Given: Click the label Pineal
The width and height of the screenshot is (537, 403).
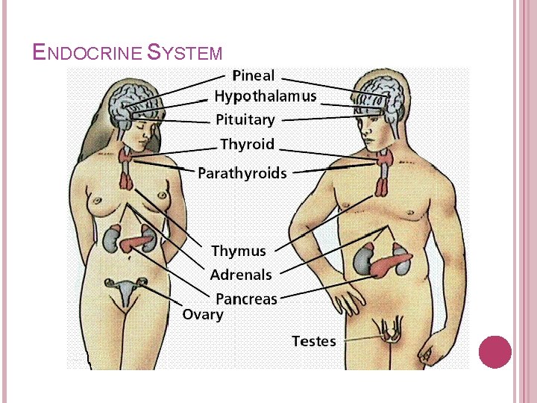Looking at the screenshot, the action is click(254, 75).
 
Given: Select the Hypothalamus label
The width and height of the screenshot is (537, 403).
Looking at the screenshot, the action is click(265, 96).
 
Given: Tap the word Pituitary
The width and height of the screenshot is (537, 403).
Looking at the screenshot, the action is click(245, 119).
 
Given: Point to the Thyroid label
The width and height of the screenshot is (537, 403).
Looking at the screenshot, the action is click(247, 144).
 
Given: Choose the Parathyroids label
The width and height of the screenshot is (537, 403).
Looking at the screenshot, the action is click(242, 173).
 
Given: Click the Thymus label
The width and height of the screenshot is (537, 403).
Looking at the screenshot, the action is click(238, 252).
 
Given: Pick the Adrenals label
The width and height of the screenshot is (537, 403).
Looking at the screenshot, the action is click(241, 275).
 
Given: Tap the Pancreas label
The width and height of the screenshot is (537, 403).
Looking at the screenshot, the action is click(246, 299).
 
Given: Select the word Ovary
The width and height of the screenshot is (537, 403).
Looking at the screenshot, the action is click(203, 314).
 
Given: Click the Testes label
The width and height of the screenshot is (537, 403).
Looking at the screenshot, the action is click(313, 341).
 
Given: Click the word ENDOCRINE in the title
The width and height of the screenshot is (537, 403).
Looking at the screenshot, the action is click(89, 52).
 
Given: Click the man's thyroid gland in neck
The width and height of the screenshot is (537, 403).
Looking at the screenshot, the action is click(385, 158).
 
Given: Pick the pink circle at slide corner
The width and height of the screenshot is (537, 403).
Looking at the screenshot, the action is click(494, 352).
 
